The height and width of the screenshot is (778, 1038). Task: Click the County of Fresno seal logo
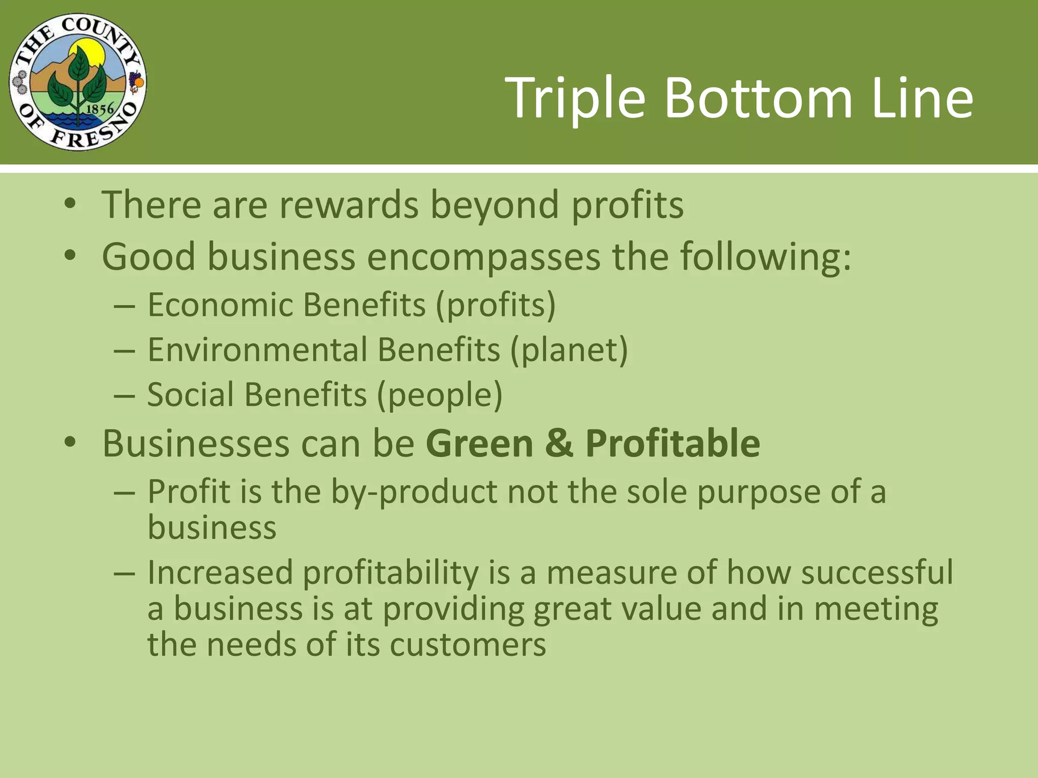point(78,82)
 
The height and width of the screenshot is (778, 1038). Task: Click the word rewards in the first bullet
point(349,205)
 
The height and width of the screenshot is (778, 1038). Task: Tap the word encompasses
point(484,257)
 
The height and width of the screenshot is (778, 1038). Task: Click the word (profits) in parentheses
point(496,305)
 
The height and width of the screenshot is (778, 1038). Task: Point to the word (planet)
point(569,351)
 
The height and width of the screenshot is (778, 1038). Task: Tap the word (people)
point(439,395)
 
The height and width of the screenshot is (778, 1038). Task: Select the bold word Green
point(479,443)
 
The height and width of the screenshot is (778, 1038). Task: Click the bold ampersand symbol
point(560,443)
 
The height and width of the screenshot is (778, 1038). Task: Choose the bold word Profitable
point(673,443)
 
